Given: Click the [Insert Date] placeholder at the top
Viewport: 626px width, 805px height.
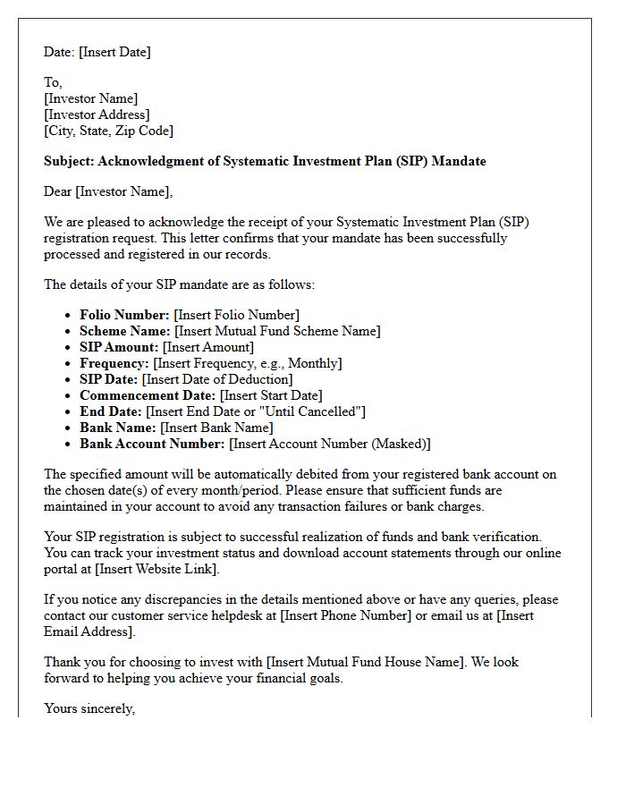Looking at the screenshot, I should tap(114, 52).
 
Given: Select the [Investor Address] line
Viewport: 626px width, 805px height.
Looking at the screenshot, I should tap(97, 114).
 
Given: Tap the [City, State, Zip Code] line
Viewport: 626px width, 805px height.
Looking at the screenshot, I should tap(108, 131).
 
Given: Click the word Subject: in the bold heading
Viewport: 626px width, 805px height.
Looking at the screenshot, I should tap(69, 162).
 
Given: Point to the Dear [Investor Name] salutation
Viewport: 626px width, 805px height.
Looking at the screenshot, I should tap(108, 191).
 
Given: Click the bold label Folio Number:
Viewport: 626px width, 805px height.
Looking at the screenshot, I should tap(124, 315).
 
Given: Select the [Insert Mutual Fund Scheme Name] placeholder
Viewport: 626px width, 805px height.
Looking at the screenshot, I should tap(277, 331).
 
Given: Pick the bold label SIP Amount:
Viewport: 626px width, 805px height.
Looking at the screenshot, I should tap(119, 347).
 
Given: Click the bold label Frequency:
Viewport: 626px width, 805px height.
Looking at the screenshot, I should tap(114, 363).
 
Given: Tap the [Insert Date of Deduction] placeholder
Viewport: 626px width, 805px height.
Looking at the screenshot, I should tap(217, 379).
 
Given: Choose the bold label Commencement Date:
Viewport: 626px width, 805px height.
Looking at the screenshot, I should tap(148, 395).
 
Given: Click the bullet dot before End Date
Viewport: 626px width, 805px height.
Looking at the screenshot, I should tap(69, 411).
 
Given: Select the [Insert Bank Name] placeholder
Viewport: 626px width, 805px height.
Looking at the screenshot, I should tap(216, 428).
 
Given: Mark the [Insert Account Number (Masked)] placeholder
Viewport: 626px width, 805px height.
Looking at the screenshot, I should tap(330, 444).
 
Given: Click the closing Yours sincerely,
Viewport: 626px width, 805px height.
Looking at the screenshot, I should tap(89, 708).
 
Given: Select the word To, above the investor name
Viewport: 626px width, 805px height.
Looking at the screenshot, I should tap(53, 82).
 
